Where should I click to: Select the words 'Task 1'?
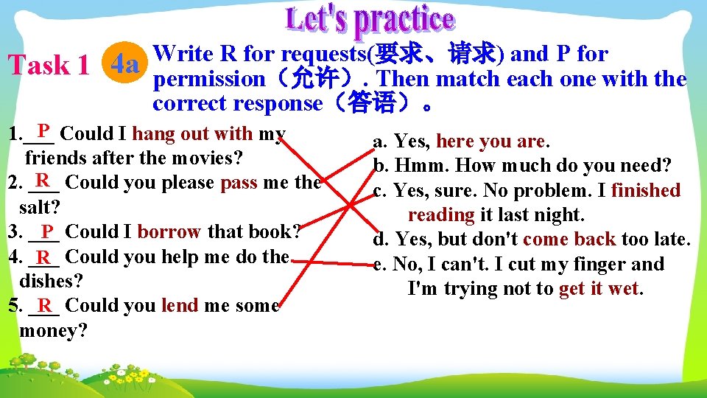49,66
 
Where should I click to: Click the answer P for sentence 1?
43,131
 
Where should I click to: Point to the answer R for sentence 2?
43,179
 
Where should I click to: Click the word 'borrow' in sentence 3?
169,231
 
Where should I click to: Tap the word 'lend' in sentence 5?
178,305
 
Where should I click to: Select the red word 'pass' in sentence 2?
239,182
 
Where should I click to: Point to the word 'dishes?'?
51,281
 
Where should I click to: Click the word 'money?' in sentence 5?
53,330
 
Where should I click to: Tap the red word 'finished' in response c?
646,190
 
